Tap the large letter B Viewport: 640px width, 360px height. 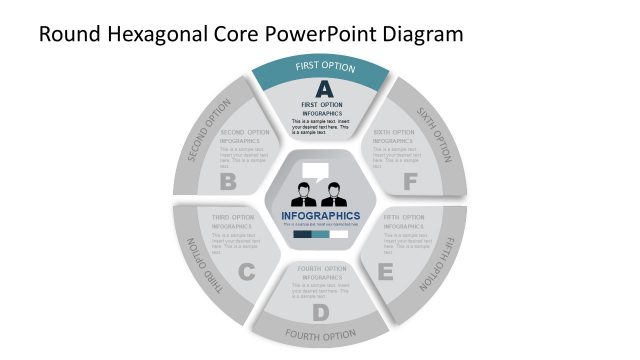click(x=228, y=182)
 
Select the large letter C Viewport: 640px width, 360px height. click(x=247, y=271)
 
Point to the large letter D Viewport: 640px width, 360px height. click(x=320, y=313)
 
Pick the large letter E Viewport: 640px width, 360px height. click(x=385, y=270)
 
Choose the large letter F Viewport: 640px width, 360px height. click(x=410, y=182)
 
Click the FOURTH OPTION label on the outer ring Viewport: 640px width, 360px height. click(x=320, y=334)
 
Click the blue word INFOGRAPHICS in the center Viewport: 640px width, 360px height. click(x=321, y=215)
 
